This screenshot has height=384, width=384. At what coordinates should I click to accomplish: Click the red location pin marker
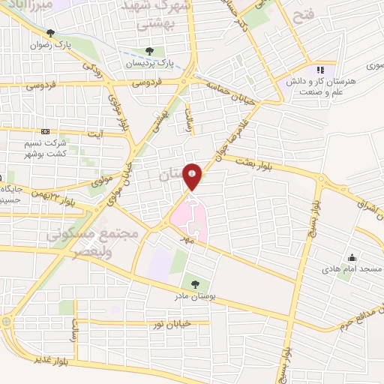click(x=193, y=177)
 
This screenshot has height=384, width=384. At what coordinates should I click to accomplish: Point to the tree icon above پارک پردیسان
click(x=148, y=52)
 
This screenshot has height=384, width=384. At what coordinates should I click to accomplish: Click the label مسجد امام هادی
click(x=352, y=268)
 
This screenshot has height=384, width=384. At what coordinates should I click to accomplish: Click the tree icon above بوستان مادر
click(x=195, y=284)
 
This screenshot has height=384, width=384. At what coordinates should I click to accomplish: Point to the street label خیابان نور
click(x=167, y=322)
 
